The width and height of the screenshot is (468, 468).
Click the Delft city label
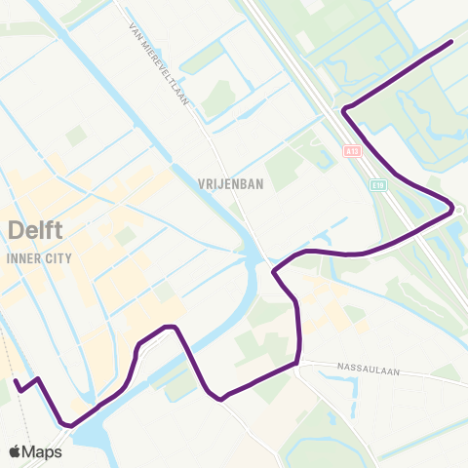pyautogui.click(x=34, y=231)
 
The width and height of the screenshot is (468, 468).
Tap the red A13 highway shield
pyautogui.click(x=352, y=152)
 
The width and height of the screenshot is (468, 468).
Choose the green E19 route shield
pyautogui.click(x=376, y=182)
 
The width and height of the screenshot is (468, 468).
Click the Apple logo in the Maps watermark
pyautogui.click(x=16, y=451)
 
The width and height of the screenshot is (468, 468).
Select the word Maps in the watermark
pyautogui.click(x=43, y=451)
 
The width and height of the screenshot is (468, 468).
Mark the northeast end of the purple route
pyautogui.click(x=451, y=43)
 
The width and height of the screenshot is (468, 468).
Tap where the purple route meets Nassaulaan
pyautogui.click(x=296, y=364)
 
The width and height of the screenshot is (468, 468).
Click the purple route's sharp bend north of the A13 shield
pyautogui.click(x=344, y=109)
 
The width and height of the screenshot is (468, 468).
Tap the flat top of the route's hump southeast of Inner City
pyautogui.click(x=170, y=327)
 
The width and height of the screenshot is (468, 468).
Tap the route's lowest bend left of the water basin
pyautogui.click(x=66, y=424)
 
